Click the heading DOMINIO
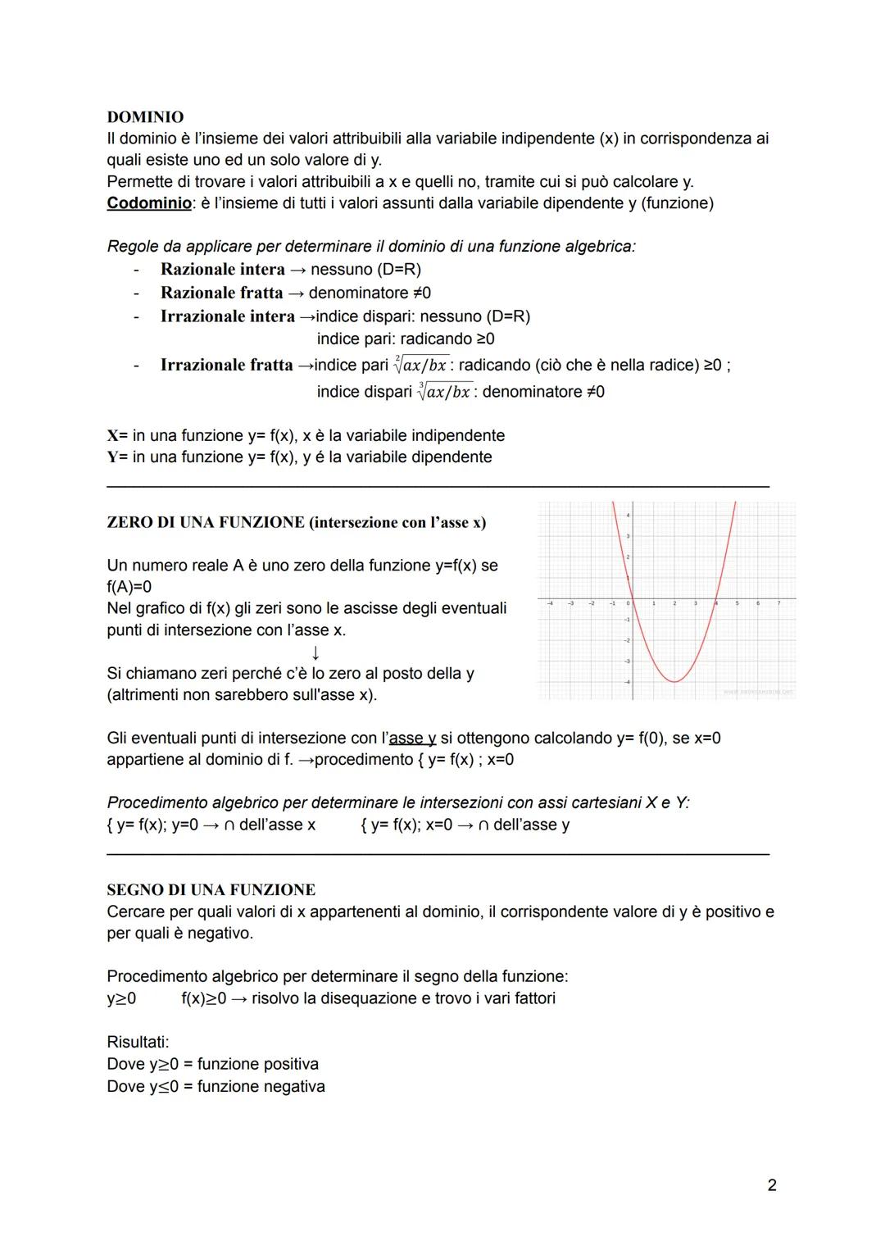click(145, 117)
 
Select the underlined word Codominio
click(149, 203)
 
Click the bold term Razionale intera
click(223, 270)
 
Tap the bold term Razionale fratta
click(221, 293)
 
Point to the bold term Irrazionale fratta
click(227, 365)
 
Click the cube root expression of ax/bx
click(443, 391)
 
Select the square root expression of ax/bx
click(421, 364)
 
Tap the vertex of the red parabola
click(674, 681)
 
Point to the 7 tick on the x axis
click(778, 603)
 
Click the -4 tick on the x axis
click(550, 603)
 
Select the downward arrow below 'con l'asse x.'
click(315, 652)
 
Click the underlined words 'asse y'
click(412, 739)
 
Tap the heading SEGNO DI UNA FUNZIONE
click(211, 890)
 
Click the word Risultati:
click(138, 1043)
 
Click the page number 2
click(772, 1185)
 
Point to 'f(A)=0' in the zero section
click(129, 587)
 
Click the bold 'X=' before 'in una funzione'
click(117, 436)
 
